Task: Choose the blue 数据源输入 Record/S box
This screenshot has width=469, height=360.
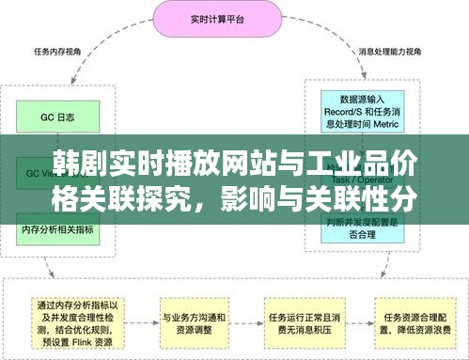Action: (361, 110)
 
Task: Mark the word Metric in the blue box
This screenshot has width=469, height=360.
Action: (388, 122)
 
